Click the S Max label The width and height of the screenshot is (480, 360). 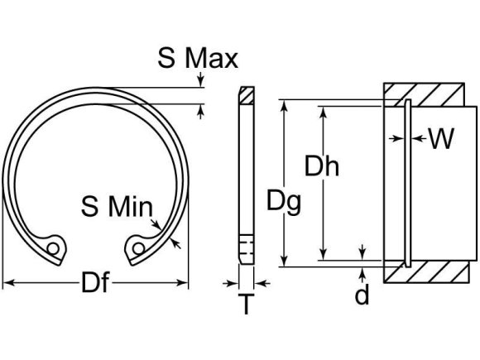click(198, 59)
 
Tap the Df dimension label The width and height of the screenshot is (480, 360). click(95, 284)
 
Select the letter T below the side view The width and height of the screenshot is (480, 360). click(247, 305)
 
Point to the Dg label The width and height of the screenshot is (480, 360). click(284, 200)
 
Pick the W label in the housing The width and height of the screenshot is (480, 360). click(441, 138)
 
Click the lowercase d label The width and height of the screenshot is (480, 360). click(362, 295)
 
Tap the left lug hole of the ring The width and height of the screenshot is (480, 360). click(55, 247)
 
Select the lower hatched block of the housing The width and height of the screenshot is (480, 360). click(428, 271)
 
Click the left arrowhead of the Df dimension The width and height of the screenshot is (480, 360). click(7, 284)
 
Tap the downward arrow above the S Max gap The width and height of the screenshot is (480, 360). click(199, 82)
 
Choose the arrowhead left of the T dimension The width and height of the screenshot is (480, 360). click(234, 284)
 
